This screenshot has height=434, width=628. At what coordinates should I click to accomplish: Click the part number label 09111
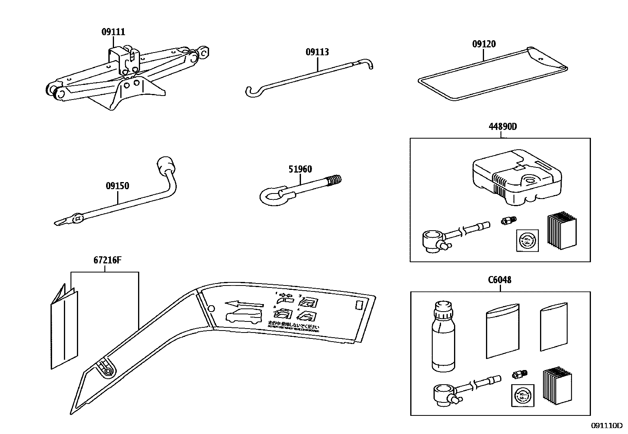(113, 32)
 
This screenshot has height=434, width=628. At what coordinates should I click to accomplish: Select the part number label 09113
(317, 52)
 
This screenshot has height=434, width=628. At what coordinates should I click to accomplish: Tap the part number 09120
(484, 44)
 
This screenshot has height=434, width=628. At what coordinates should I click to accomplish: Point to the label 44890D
(503, 127)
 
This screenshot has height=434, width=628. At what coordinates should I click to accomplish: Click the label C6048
(499, 280)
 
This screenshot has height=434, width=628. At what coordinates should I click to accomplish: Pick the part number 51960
(300, 169)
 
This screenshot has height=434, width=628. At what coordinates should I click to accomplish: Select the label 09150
(117, 186)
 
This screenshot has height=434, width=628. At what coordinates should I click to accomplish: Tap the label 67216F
(105, 261)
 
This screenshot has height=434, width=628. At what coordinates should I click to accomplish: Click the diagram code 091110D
(606, 425)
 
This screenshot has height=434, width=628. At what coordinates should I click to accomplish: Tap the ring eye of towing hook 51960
(270, 197)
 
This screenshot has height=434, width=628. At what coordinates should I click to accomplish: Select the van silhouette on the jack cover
(243, 317)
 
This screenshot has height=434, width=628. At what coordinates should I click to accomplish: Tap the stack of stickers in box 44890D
(561, 232)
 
